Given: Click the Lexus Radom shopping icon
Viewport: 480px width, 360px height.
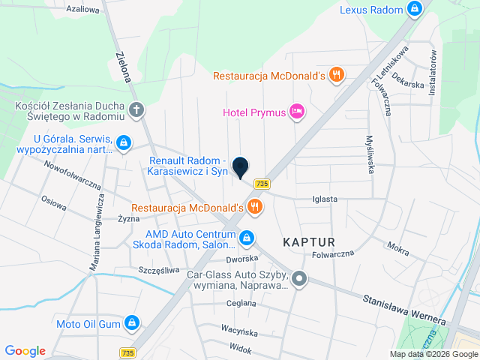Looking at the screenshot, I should (x=414, y=10).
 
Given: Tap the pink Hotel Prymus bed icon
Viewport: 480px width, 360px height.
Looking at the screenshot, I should (x=298, y=112).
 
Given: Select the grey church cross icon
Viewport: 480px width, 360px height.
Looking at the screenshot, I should (x=136, y=111).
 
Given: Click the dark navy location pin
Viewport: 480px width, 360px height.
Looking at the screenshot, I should (x=240, y=167).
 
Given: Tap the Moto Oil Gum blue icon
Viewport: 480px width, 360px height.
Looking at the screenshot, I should (x=132, y=322).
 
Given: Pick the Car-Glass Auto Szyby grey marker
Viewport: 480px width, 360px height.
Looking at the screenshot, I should (x=299, y=280).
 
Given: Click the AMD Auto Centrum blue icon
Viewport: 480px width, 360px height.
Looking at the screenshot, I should (x=246, y=238).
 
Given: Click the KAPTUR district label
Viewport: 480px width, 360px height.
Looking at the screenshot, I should (x=308, y=241).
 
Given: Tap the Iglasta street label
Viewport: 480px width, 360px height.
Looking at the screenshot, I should (x=325, y=199).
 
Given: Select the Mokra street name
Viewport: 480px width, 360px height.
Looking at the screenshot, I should (x=397, y=246).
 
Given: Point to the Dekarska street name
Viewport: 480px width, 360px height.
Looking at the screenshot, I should (x=408, y=84).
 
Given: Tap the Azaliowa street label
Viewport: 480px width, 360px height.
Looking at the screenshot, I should (x=82, y=10).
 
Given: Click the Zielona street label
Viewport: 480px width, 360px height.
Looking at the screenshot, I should (x=124, y=68).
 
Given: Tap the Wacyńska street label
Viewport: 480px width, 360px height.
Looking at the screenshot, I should (x=240, y=330).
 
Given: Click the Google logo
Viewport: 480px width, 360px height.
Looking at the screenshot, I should (x=25, y=351).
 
